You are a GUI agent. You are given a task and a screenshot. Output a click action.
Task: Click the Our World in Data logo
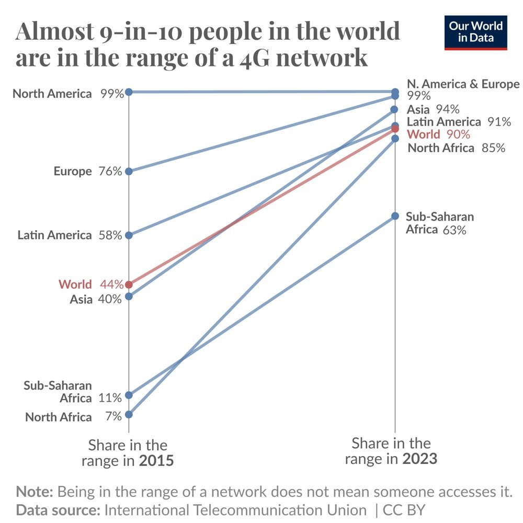coord(475,33)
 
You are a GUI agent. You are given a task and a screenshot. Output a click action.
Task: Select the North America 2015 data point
coord(129,92)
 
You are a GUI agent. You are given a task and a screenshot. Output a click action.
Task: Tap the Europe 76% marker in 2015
coord(129,171)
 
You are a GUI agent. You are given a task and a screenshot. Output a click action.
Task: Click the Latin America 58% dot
coord(129,235)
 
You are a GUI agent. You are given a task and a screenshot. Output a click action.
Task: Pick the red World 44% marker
coord(129,285)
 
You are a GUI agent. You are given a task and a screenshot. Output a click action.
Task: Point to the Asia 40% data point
coord(129,297)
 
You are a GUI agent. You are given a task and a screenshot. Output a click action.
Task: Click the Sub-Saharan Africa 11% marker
coord(129,395)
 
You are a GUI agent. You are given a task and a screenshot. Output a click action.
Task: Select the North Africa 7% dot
coord(129,414)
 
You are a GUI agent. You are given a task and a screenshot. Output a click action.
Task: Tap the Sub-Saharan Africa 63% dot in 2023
coord(395,216)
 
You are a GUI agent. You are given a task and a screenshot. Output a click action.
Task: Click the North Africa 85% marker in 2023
coord(395,139)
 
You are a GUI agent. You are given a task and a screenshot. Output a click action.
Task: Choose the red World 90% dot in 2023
coord(395,129)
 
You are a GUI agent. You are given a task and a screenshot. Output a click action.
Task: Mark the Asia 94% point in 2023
coord(395,110)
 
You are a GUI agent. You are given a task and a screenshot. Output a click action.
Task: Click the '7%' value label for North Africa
coord(113,416)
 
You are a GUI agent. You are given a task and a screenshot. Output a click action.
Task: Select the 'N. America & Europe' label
coord(463,84)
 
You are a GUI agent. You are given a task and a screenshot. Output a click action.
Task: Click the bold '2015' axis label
coord(156,461)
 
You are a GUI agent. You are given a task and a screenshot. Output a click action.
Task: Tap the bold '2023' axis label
coord(419,459)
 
